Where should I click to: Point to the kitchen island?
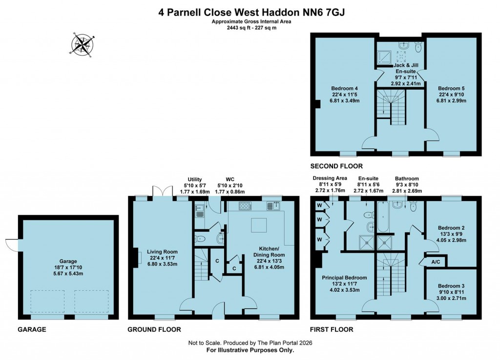point(259,226)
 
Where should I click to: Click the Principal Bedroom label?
point(344,283)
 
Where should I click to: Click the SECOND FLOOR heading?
point(336,166)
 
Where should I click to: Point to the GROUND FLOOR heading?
point(154,330)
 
